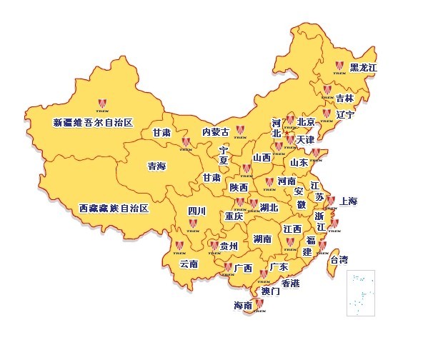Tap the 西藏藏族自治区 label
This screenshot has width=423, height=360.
(x=114, y=209)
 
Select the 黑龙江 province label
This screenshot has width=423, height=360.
(x=363, y=68)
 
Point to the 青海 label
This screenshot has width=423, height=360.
(x=156, y=166)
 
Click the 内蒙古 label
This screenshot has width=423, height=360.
(x=216, y=132)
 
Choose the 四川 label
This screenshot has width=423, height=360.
(x=196, y=211)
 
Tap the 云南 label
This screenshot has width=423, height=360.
(x=189, y=264)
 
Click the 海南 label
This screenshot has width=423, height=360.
(x=243, y=306)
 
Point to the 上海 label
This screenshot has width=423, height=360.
(x=349, y=201)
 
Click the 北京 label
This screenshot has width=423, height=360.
(x=306, y=122)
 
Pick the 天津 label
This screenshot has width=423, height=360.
(x=304, y=139)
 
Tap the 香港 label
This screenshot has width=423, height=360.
(x=290, y=283)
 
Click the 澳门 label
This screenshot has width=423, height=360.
(x=271, y=291)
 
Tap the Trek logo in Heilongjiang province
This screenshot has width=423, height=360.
(x=338, y=65)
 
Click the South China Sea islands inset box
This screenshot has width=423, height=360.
(x=361, y=293)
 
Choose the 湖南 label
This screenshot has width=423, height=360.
(x=262, y=239)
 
